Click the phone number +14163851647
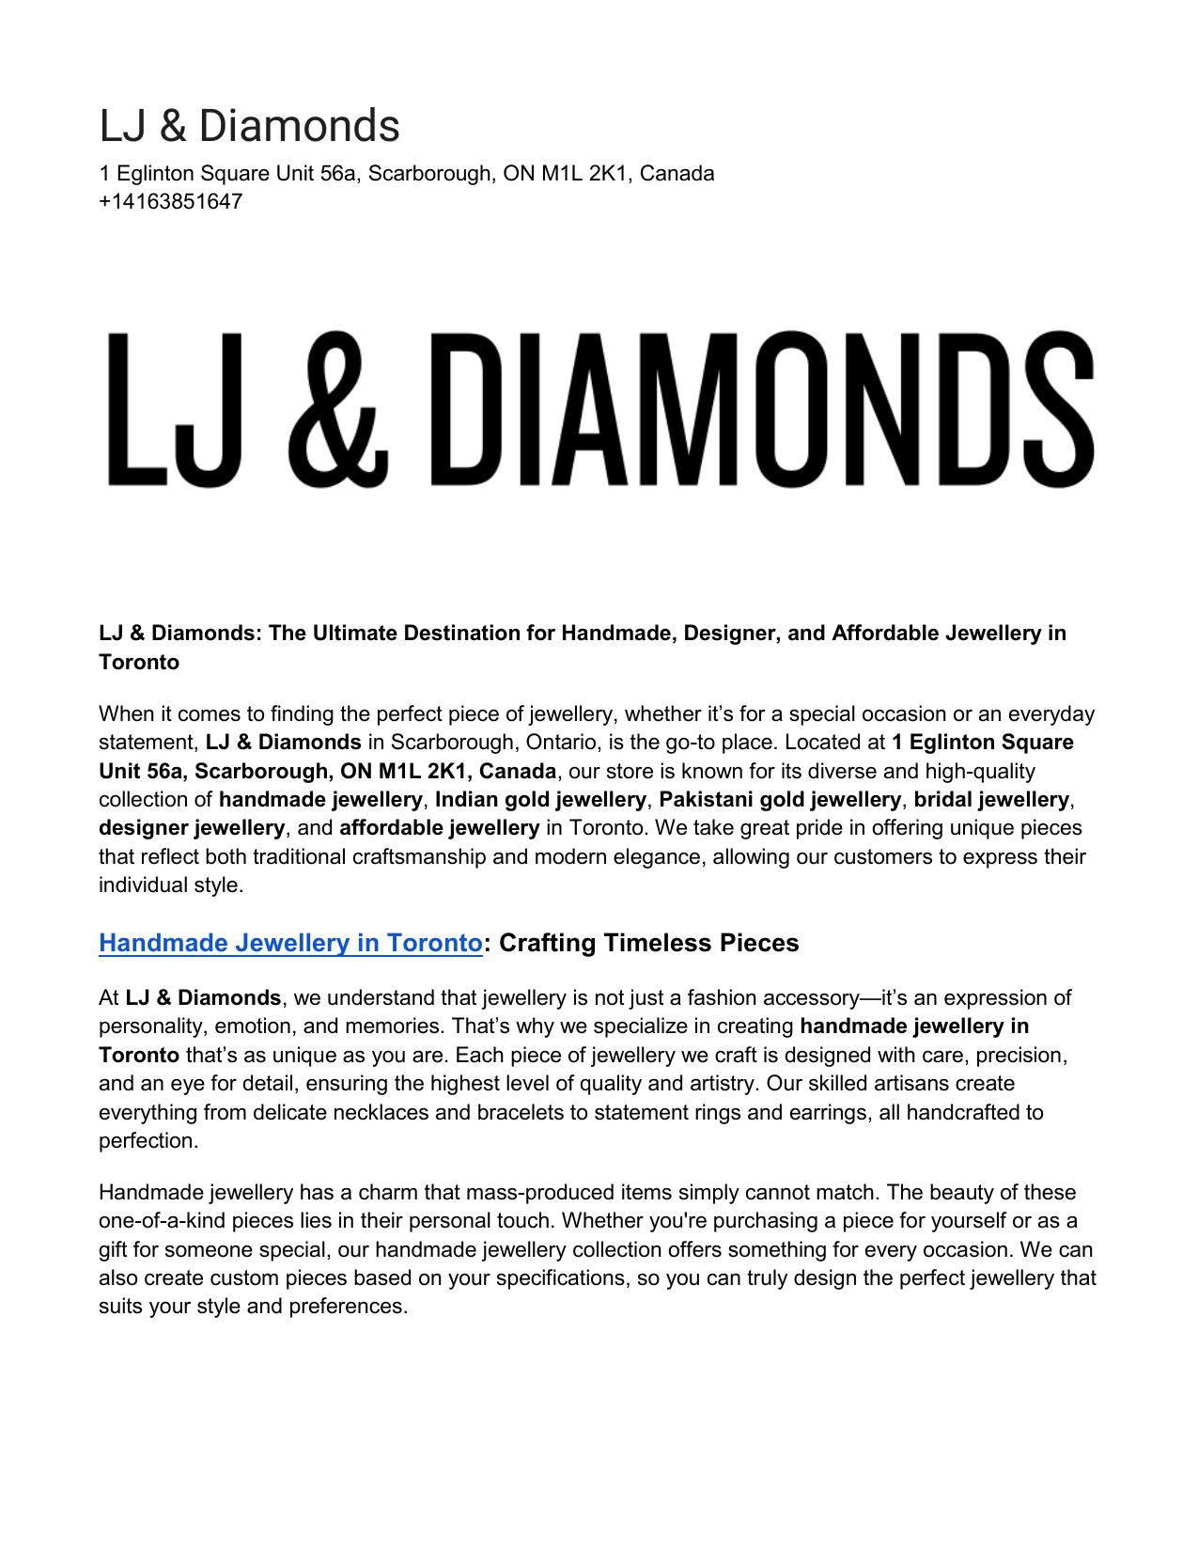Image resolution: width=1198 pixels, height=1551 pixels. pos(170,202)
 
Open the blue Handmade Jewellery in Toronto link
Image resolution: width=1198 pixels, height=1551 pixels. pos(290,943)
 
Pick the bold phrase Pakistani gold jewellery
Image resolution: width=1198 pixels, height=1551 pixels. pos(780,800)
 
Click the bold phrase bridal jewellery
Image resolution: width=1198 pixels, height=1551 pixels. pos(991,800)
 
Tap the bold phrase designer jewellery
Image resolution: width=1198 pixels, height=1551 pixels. pos(192,828)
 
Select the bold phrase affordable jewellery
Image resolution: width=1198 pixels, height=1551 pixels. pos(440,828)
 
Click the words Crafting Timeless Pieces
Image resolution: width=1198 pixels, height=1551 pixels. pos(648,943)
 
